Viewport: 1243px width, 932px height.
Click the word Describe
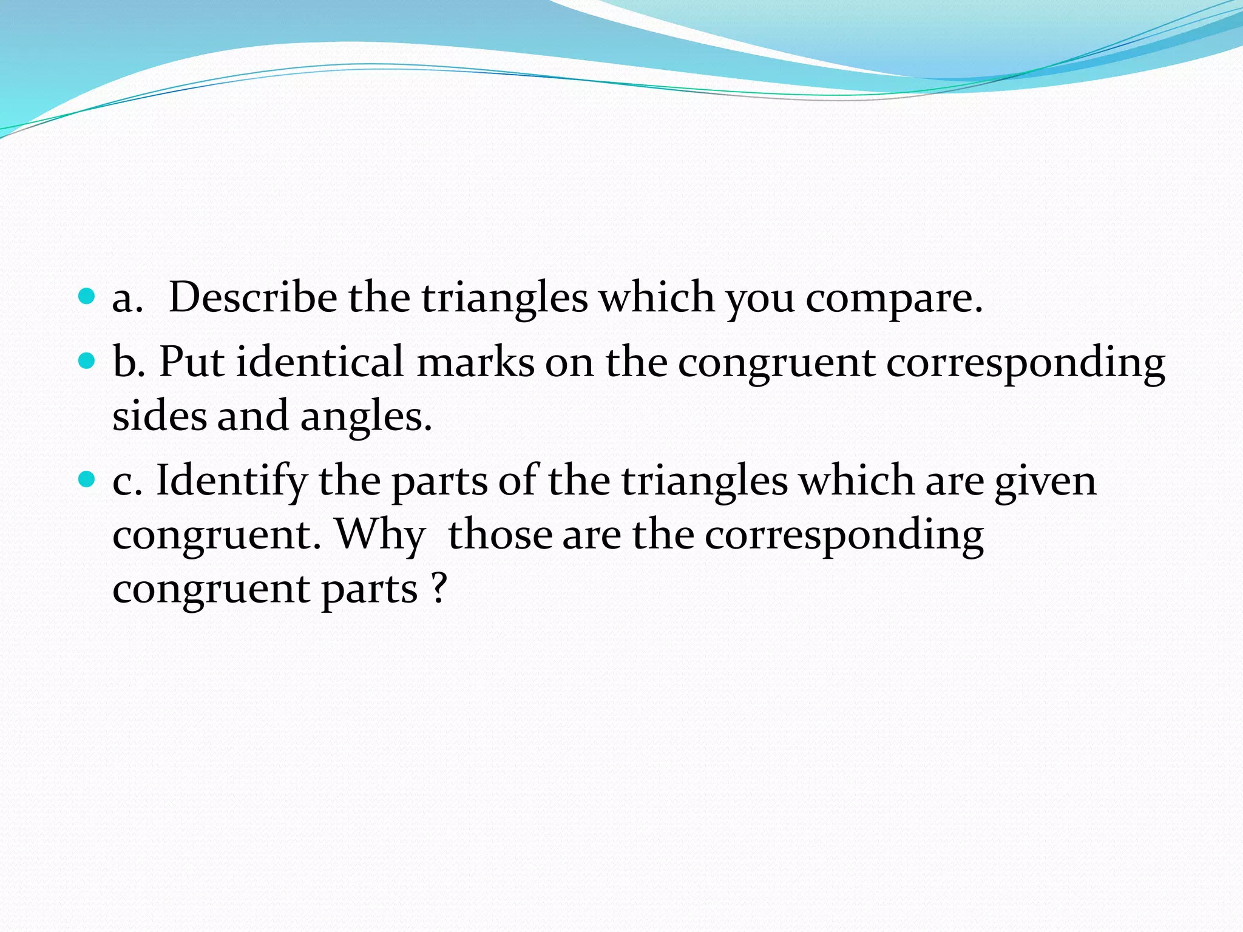coord(252,297)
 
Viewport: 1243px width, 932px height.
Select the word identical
coord(320,362)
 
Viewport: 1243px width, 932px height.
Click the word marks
coord(475,362)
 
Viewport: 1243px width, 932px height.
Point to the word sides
coord(160,416)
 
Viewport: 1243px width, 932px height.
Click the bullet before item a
coord(87,296)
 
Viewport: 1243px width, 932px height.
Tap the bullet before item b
coord(87,361)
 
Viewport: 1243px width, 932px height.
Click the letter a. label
coord(127,299)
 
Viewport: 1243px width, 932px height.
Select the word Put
coord(191,362)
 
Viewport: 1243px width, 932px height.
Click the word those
coord(500,535)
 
